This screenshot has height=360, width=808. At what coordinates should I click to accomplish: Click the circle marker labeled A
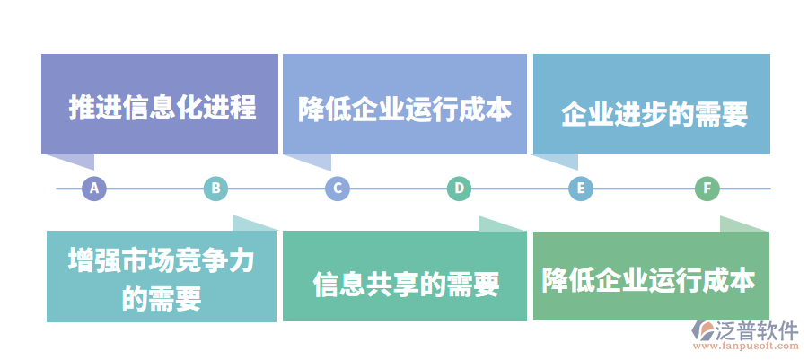[x=94, y=189]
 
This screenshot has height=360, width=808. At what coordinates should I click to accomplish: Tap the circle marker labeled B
[x=215, y=189]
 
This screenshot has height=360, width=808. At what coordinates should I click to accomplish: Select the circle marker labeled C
[x=337, y=189]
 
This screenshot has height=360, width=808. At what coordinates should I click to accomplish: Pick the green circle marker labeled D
[x=459, y=189]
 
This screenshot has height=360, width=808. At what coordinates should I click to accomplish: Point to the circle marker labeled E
[x=581, y=189]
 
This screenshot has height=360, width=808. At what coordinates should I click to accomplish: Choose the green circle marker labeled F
[x=707, y=189]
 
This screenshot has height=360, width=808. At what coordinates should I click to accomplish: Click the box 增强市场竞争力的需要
[x=162, y=277]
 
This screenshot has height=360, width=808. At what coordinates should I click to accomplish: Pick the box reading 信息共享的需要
[x=404, y=277]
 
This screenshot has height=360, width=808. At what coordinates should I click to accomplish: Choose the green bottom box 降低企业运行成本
[x=651, y=277]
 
